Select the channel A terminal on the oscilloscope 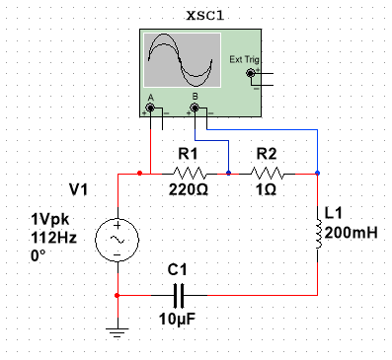click(151, 108)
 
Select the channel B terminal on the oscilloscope click(196, 108)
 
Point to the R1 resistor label click(188, 154)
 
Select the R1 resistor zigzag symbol click(188, 174)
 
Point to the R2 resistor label click(267, 154)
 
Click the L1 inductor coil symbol click(318, 234)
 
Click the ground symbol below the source click(118, 332)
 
